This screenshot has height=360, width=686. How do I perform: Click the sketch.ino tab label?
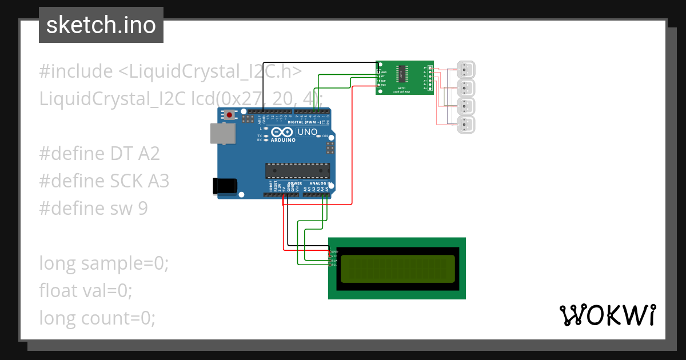[x=101, y=25]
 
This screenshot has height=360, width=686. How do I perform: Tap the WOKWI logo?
[x=607, y=315]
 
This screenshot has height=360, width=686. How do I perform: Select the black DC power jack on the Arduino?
[x=224, y=186]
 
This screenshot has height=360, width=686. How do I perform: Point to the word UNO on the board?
[x=308, y=132]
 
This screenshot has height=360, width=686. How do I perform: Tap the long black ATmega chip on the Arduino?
[x=297, y=170]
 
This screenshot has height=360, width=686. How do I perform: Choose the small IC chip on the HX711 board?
[x=404, y=73]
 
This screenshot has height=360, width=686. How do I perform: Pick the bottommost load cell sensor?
[x=466, y=125]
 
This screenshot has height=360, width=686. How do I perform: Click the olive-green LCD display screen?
[x=398, y=269]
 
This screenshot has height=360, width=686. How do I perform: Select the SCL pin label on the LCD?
[x=334, y=265]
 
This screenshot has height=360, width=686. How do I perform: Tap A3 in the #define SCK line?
[x=158, y=181]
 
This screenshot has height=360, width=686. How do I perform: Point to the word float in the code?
[x=58, y=291]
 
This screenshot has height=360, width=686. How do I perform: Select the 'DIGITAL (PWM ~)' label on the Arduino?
[x=304, y=122]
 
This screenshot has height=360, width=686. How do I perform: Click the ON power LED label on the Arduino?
[x=325, y=137]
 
